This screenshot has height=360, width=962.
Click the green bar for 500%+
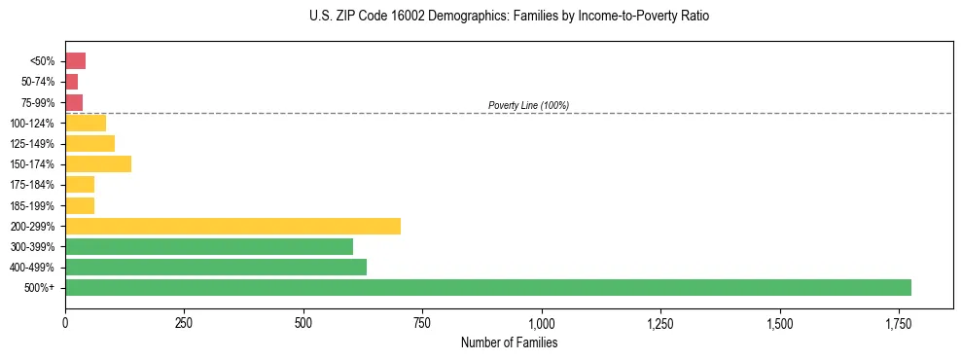tap(487, 287)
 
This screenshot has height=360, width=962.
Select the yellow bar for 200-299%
tap(232, 226)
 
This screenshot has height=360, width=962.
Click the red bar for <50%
tap(75, 61)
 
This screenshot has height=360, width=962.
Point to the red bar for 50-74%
tap(71, 82)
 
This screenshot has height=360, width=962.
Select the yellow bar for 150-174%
tap(97, 163)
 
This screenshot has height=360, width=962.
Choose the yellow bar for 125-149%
tap(89, 143)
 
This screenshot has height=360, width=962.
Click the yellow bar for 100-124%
tap(85, 123)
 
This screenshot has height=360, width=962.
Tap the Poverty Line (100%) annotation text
tap(528, 105)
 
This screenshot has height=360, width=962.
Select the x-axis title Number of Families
tap(509, 342)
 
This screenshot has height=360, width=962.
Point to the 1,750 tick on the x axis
tap(898, 322)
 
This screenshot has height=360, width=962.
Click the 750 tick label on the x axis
tap(422, 322)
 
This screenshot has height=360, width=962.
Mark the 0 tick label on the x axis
tap(65, 322)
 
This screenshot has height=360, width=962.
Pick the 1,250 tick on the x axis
tap(659, 322)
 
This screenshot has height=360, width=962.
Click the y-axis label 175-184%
tap(32, 185)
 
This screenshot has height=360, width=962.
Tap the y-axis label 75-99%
tap(36, 102)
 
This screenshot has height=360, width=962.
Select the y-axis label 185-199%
tap(32, 205)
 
